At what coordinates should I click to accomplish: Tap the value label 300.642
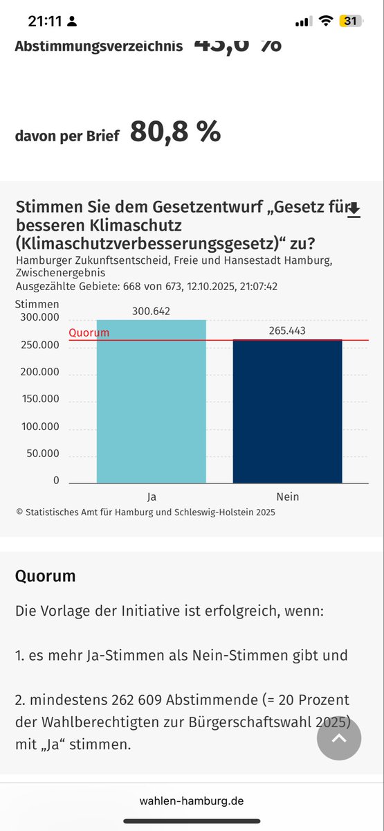tap(151, 312)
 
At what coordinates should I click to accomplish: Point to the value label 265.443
tap(286, 331)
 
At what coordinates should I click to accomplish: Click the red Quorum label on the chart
tap(89, 333)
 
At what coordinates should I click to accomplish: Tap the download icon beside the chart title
tap(354, 210)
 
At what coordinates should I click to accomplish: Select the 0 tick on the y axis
tap(56, 481)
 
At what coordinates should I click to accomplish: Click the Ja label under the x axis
tap(151, 497)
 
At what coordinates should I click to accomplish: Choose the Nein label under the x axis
tap(287, 497)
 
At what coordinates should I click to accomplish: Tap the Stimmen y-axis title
tap(37, 304)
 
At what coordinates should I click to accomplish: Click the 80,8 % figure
tap(175, 132)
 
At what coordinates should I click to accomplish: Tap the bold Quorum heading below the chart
tap(46, 576)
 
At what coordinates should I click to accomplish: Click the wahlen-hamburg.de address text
tap(192, 801)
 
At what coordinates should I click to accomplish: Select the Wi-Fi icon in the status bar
tap(325, 21)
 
